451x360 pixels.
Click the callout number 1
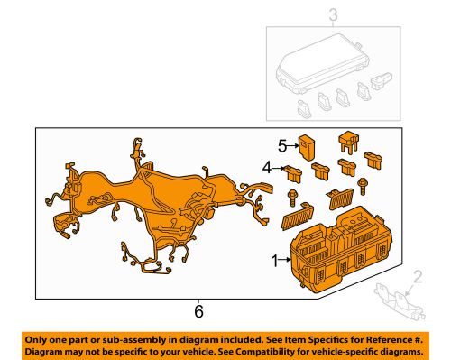[x=275, y=262]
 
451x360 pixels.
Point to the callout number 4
[x=267, y=167]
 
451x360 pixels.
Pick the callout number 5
[x=281, y=143]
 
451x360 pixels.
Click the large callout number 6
[x=198, y=311]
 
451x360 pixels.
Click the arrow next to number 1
[x=286, y=262]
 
